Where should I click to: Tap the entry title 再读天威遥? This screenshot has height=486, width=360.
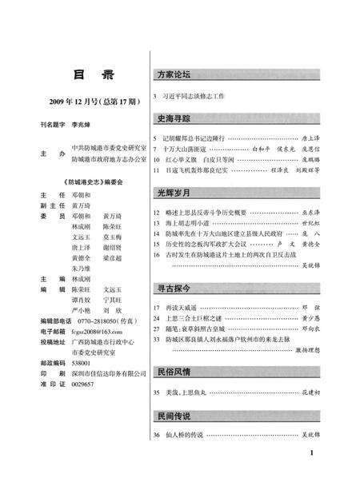(185, 308)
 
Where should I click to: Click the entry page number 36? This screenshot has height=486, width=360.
(155, 435)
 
